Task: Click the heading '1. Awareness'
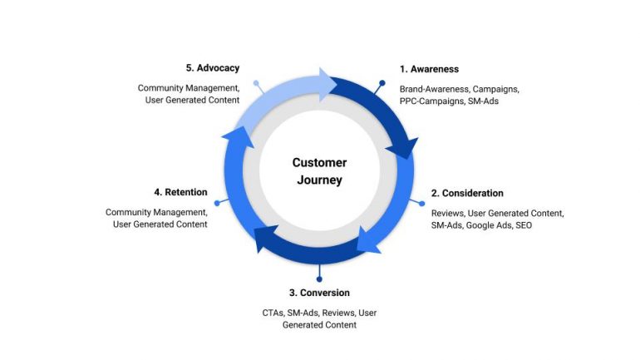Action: (x=429, y=69)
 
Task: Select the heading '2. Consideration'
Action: (x=467, y=193)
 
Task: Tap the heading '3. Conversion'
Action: (x=319, y=293)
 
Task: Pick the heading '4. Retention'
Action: (x=180, y=192)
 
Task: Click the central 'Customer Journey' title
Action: (x=319, y=171)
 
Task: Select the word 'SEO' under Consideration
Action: (x=524, y=225)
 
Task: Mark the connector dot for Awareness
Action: (x=382, y=83)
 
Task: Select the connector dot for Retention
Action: (x=217, y=202)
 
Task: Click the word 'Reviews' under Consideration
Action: (x=447, y=213)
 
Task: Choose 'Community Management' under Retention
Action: (x=156, y=212)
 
